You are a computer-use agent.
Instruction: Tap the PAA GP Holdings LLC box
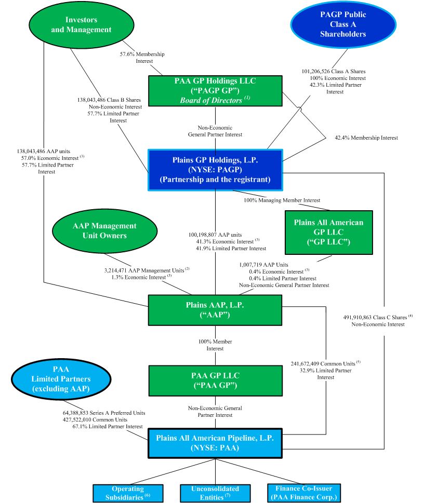(216, 91)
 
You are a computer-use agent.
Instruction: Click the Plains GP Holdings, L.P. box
(216, 170)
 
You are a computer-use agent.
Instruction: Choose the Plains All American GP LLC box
(328, 232)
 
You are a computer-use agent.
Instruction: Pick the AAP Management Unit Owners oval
(104, 231)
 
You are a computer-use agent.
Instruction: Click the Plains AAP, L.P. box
(215, 310)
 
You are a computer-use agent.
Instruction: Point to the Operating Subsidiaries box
(128, 493)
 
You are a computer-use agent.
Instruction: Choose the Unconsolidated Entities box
(215, 493)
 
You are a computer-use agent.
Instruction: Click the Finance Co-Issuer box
(303, 493)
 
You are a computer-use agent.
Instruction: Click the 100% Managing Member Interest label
(282, 200)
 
